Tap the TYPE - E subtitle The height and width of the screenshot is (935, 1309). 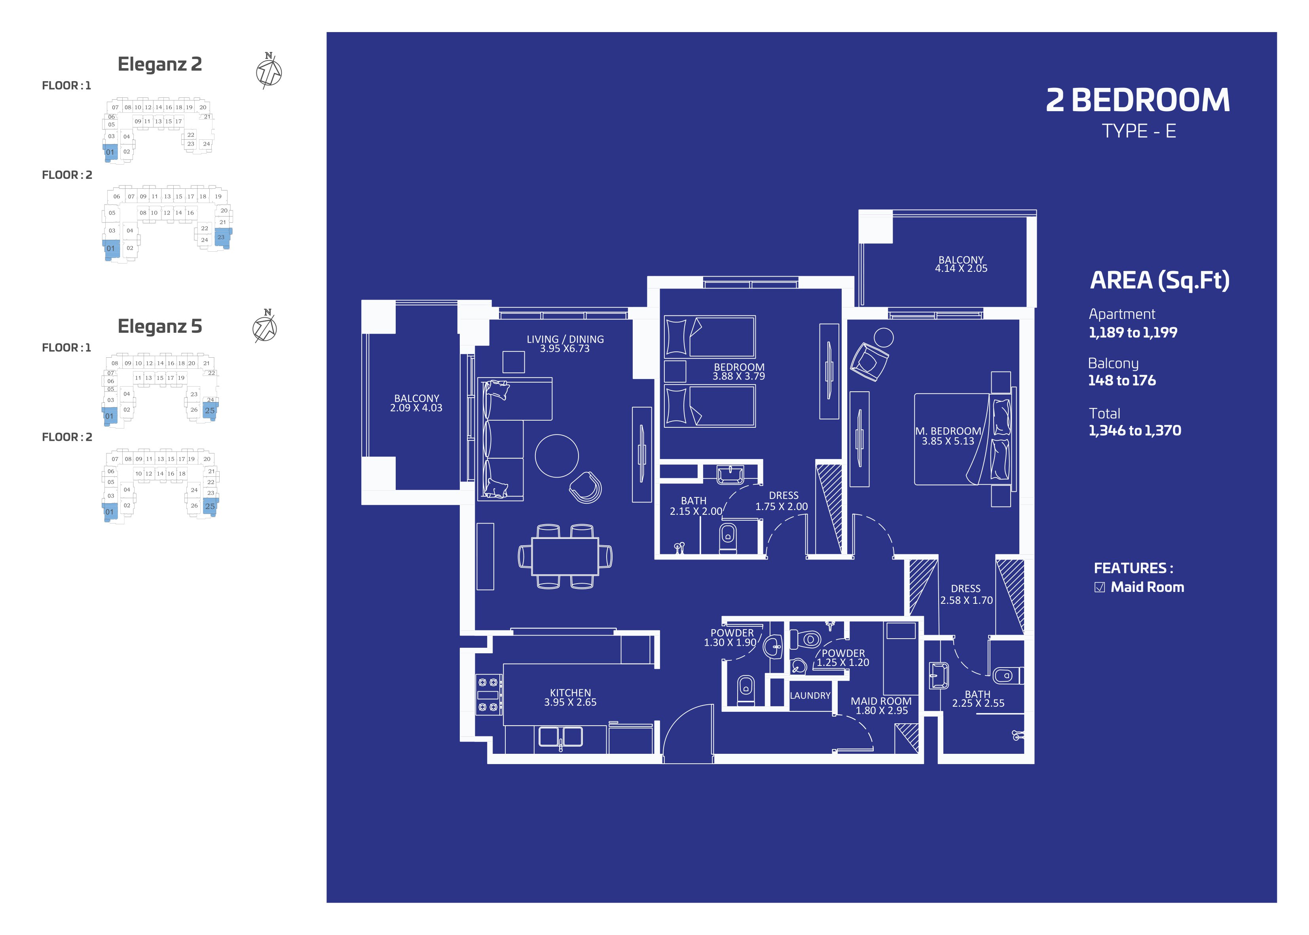1138,131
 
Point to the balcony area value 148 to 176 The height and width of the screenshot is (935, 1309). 1121,381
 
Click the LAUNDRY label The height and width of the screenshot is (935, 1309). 810,696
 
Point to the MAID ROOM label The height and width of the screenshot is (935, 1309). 881,701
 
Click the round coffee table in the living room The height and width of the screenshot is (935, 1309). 557,455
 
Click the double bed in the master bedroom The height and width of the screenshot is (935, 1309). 962,439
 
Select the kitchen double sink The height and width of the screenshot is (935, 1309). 560,737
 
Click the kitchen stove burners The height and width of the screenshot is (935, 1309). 488,695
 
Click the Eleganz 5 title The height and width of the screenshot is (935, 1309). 159,326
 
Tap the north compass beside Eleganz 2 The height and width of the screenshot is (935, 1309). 269,71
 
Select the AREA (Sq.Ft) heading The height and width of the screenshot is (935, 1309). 1160,281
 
